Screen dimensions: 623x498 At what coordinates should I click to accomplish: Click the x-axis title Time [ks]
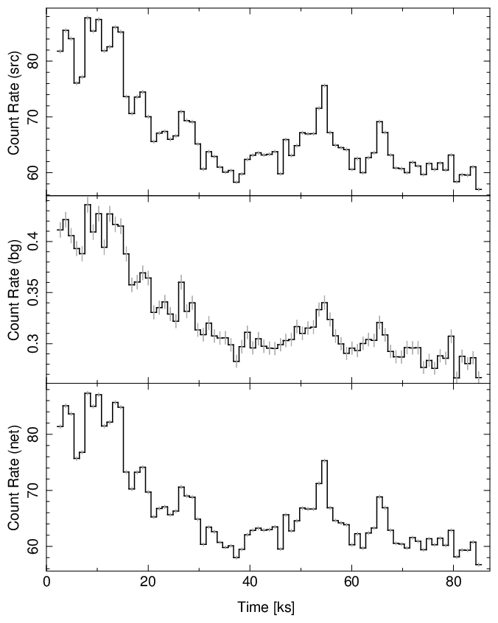click(x=265, y=608)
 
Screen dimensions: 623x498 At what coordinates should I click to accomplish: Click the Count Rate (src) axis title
click(x=14, y=103)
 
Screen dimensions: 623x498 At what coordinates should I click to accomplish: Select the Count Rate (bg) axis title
click(x=14, y=289)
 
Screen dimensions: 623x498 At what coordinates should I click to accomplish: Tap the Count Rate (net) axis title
click(x=14, y=477)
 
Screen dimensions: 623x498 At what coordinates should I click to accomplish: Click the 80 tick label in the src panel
click(x=34, y=62)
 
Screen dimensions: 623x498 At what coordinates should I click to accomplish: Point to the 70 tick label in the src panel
click(x=34, y=118)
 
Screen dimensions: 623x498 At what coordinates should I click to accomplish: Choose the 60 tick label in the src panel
click(x=34, y=174)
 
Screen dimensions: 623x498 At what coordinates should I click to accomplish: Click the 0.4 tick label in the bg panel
click(x=34, y=242)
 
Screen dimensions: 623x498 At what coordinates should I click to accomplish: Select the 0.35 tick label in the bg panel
click(x=34, y=293)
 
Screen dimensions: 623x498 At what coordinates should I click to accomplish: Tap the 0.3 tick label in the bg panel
click(x=34, y=344)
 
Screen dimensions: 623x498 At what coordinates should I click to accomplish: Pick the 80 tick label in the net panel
click(x=34, y=434)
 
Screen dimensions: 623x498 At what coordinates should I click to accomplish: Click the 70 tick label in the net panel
click(x=34, y=490)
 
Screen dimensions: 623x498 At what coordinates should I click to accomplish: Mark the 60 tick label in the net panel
click(x=34, y=546)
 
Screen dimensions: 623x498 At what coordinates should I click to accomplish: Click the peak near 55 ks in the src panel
click(x=324, y=85)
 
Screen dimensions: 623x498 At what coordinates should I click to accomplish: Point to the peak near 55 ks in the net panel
click(x=324, y=460)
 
